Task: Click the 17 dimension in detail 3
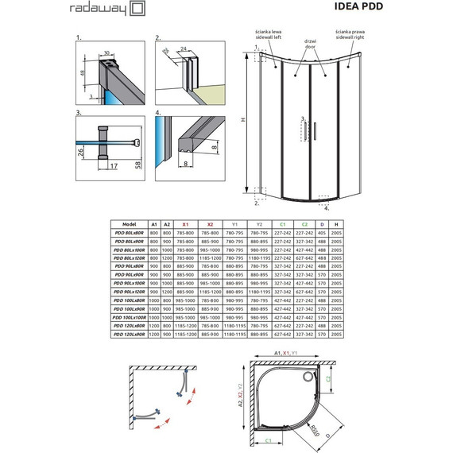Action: (114, 166)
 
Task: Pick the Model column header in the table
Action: (131, 225)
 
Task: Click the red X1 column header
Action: (184, 225)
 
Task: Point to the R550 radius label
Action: (316, 434)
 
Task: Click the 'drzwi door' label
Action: (311, 45)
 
